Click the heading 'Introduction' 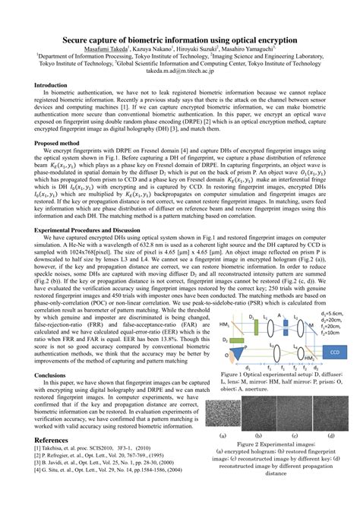(52, 86)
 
